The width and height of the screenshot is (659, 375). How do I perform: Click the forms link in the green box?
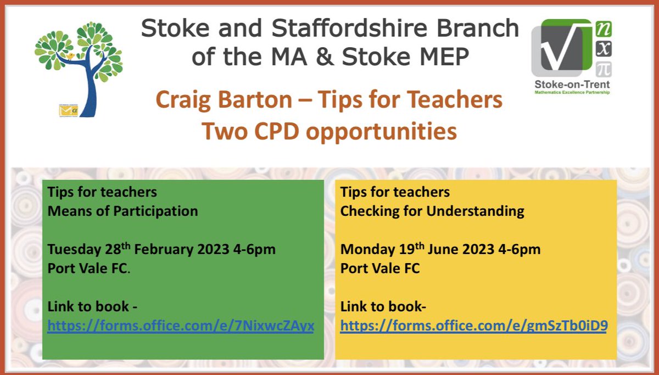pos(181,326)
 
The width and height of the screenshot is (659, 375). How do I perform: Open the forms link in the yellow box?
pos(473,326)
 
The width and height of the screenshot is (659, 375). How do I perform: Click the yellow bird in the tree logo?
pos(70,56)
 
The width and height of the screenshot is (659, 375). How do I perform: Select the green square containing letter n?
pos(604,29)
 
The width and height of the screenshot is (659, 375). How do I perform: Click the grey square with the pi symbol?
pos(604,70)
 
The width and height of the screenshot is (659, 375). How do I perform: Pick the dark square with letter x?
pos(604,49)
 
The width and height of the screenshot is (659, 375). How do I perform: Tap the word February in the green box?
pos(166,249)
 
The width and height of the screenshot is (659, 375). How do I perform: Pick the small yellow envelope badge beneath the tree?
pos(68,110)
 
